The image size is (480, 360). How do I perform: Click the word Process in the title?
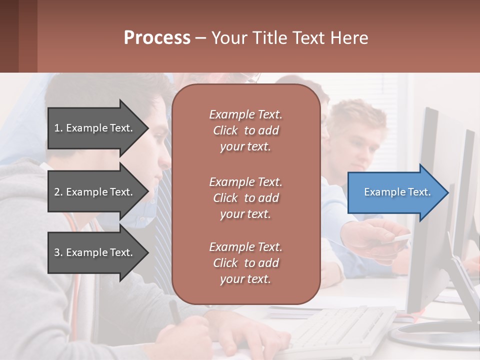pos(157,38)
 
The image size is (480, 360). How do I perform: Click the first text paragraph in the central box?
pos(245,130)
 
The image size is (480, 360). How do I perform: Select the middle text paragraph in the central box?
pos(245,198)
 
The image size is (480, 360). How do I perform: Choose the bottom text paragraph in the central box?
pos(245,263)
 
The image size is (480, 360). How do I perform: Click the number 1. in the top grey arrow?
pos(58,128)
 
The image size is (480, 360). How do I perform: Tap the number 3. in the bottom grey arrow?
pos(58,252)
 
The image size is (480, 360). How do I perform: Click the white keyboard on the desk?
pos(345,327)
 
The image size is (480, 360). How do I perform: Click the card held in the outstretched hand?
pos(397,240)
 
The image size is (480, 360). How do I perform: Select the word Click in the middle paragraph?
pos(225,198)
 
